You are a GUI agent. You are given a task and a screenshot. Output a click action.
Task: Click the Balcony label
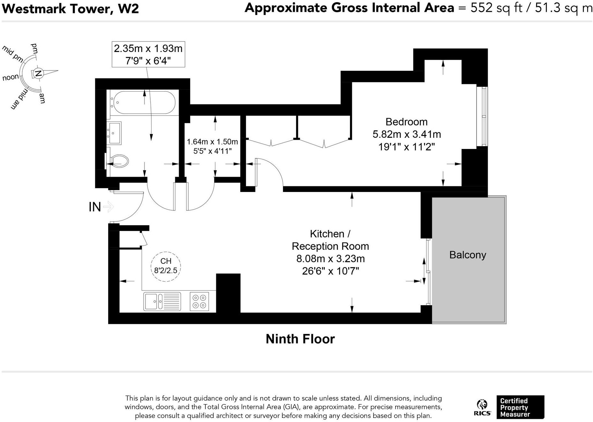click(x=467, y=255)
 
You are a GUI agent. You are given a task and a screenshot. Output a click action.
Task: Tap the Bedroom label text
click(x=406, y=122)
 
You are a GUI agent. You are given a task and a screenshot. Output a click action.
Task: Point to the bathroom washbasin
click(x=114, y=133)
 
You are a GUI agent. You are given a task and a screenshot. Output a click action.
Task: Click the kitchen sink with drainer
click(x=162, y=301)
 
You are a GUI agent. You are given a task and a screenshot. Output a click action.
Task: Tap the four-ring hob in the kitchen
click(x=199, y=301)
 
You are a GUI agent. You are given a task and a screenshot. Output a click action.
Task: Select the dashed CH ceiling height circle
click(x=166, y=266)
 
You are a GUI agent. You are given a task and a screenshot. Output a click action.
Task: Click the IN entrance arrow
click(x=108, y=207)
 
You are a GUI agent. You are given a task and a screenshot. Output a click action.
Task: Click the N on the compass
click(x=38, y=73)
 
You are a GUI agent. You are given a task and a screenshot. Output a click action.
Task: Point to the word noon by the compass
click(x=10, y=78)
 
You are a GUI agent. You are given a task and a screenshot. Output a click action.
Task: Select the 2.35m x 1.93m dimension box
click(x=148, y=54)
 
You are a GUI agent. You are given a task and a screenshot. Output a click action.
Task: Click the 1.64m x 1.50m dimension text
click(x=212, y=142)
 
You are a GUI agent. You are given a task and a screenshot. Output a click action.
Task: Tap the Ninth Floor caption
click(x=300, y=339)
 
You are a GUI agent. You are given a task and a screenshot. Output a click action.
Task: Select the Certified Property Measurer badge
click(x=520, y=407)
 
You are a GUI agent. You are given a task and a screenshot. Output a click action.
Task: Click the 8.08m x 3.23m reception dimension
click(x=330, y=259)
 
